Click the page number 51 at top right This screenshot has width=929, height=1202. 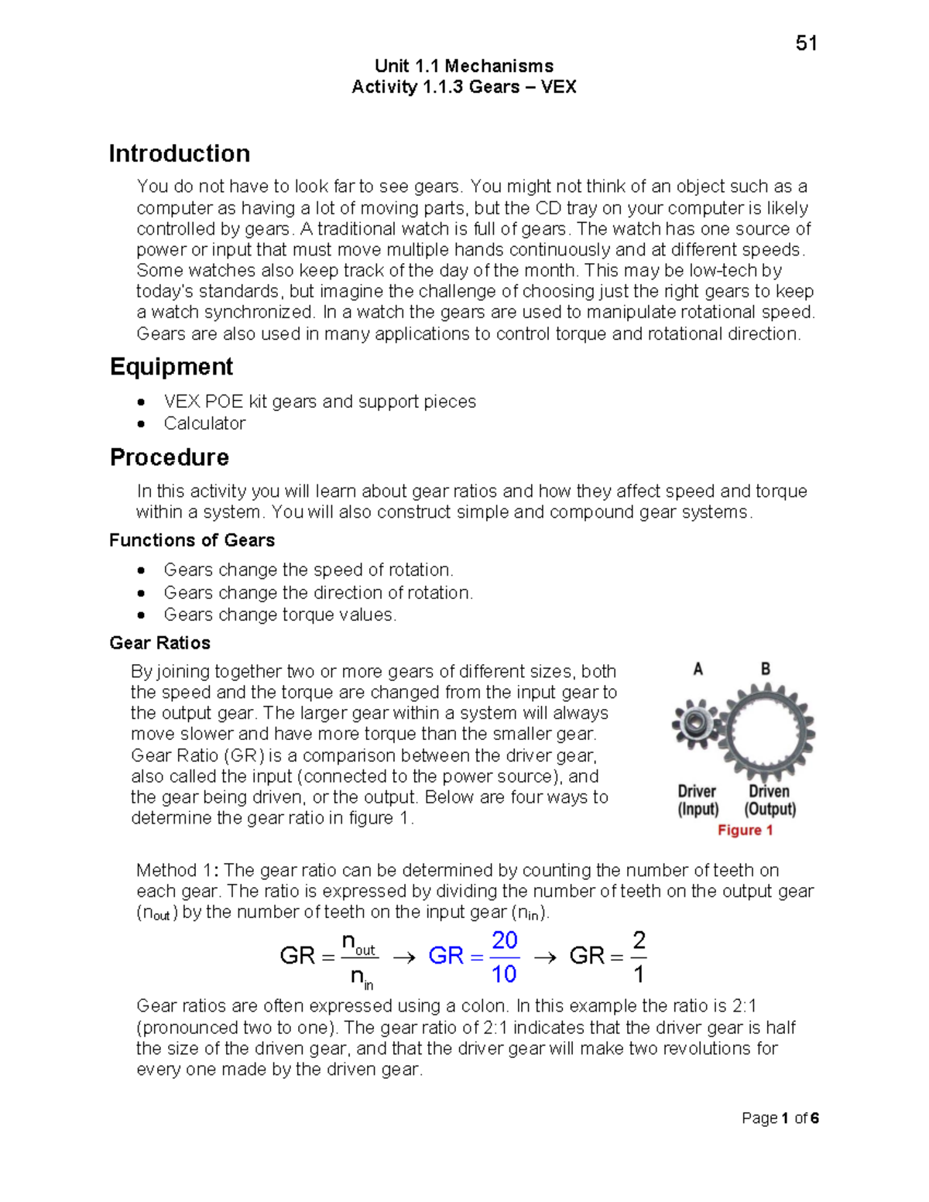[806, 43]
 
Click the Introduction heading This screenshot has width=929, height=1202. [179, 153]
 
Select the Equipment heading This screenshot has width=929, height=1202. [171, 366]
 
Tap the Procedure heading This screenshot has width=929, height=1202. [169, 457]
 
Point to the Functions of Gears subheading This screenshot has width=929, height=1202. [192, 540]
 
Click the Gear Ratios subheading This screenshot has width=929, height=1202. [159, 642]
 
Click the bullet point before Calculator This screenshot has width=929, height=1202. [141, 423]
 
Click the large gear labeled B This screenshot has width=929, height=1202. [766, 731]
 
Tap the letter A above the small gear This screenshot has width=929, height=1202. [698, 669]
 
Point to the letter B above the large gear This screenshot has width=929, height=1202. [765, 669]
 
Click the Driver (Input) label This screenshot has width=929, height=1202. [698, 800]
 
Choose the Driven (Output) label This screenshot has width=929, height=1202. [770, 800]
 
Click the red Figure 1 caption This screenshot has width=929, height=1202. [745, 830]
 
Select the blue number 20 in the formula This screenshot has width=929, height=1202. [504, 940]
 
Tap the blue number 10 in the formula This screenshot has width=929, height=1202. [504, 974]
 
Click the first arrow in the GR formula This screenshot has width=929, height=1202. [403, 957]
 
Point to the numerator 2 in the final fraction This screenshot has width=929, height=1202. [639, 940]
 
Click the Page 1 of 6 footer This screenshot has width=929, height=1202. [780, 1118]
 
